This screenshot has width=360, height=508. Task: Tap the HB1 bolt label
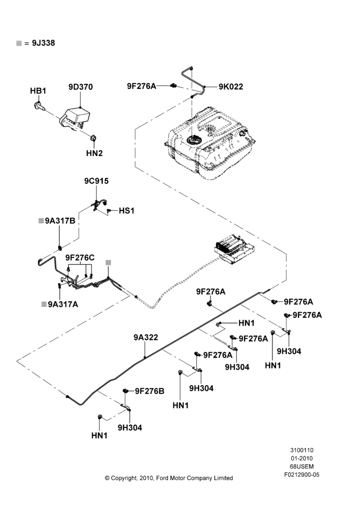(x=38, y=91)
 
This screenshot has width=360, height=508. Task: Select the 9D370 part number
(x=80, y=87)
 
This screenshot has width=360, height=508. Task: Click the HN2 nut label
(x=95, y=153)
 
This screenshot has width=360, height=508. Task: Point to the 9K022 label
(x=231, y=86)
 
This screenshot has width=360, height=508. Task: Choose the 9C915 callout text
(x=96, y=181)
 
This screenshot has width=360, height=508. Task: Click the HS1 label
(x=127, y=211)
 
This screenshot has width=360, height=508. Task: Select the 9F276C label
(x=80, y=258)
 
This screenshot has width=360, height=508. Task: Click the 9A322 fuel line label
(x=145, y=337)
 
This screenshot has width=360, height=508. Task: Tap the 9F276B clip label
(x=149, y=391)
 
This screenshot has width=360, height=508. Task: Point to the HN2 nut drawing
(x=92, y=138)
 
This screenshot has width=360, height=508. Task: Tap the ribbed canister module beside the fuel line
(x=234, y=247)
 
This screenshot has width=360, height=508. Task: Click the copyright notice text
(x=169, y=478)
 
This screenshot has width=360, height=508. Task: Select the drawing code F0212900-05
(x=302, y=474)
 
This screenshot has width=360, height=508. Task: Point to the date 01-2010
(x=302, y=458)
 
